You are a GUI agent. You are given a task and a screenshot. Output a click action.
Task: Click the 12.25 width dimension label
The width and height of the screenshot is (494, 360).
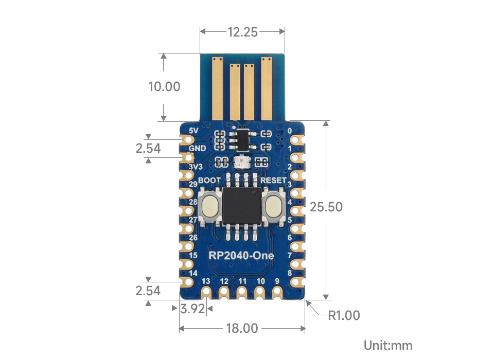pos(242,32)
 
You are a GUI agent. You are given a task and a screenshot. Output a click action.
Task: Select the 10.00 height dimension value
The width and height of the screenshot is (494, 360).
pos(164,86)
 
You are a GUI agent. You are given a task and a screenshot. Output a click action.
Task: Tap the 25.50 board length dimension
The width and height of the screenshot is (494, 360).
pos(326,207)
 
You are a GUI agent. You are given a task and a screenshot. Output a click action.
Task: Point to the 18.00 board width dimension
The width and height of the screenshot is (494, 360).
pos(242,328)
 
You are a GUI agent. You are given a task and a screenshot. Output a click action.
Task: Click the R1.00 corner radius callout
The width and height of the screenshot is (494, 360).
pos(344,315)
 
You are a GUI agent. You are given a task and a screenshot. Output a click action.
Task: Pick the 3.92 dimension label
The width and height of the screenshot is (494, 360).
pos(193,309)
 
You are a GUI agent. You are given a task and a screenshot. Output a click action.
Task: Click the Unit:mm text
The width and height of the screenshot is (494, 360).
pos(387,345)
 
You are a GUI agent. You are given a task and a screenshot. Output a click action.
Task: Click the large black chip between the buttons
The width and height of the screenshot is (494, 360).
pos(242,206)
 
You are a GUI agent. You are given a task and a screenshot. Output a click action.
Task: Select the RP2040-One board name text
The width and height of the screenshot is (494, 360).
pos(241,256)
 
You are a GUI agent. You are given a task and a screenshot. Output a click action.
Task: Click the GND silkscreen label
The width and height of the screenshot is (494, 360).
pos(197,149)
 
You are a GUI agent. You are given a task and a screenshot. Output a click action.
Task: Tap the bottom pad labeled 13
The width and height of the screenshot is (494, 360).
pos(206,292)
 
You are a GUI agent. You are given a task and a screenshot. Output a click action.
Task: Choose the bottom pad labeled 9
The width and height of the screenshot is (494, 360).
pos(277,292)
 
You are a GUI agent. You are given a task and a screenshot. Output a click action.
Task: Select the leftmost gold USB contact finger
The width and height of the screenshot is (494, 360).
pos(217,88)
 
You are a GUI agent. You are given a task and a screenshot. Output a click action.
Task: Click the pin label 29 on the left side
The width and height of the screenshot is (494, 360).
pos(193,184)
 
